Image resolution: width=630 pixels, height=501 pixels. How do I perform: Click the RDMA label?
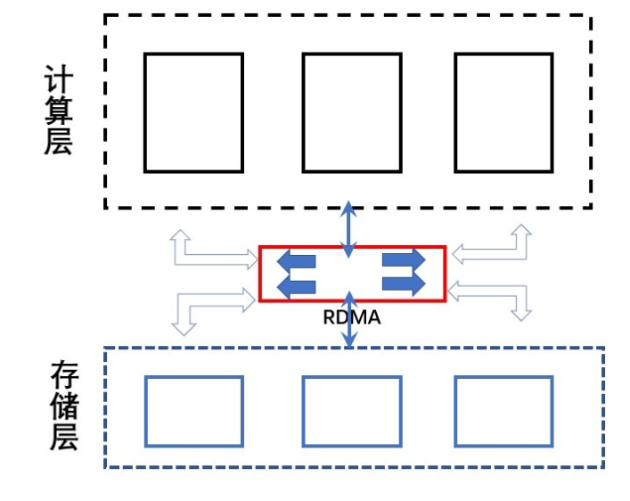pos(351,317)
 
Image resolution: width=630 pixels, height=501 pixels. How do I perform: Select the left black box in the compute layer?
pos(193,112)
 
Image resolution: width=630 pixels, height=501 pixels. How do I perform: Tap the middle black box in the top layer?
pos(351,112)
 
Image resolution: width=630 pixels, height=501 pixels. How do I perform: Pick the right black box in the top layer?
pos(503,112)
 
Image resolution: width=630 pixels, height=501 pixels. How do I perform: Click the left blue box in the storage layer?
pos(193,411)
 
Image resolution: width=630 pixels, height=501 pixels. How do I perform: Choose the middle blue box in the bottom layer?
pos(351,411)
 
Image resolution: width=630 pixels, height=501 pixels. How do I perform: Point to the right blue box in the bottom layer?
pos(503,411)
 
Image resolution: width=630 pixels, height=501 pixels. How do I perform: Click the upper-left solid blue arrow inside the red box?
pos(297,261)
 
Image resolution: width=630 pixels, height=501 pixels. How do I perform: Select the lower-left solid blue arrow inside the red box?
pos(297,285)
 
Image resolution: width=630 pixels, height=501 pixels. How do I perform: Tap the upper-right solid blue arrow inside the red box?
pos(404,259)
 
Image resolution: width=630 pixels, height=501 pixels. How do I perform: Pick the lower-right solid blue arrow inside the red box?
pos(404,283)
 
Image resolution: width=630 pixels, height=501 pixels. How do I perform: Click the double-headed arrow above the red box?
pos(349,227)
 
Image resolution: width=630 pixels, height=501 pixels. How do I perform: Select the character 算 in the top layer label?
pos(58,111)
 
